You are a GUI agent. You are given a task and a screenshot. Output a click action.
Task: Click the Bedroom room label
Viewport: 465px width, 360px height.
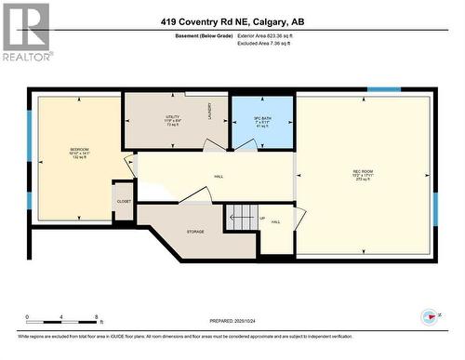[80, 152]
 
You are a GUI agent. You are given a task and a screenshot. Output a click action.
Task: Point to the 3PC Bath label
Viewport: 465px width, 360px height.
[262, 121]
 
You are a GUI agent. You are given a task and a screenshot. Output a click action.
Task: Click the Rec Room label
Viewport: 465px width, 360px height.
[364, 173]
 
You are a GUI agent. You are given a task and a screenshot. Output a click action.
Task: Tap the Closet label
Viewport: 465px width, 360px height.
[124, 201]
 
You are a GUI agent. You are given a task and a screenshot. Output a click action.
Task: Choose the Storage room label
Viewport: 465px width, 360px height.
[195, 232]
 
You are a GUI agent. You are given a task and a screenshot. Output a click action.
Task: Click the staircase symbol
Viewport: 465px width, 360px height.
[242, 219]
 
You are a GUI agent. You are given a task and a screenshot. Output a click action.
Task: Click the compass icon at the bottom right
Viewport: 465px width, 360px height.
[429, 316]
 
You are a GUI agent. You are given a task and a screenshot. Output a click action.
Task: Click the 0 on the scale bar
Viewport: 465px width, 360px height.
[28, 317]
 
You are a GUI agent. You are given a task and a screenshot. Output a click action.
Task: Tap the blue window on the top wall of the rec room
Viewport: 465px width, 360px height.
[383, 90]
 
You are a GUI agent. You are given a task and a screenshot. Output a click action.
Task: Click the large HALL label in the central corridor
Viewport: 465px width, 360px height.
[219, 176]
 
